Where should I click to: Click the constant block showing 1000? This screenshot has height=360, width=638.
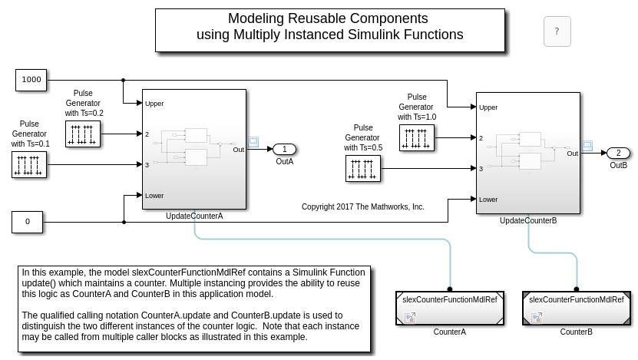coord(31,79)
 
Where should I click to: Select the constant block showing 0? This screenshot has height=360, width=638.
coord(28,222)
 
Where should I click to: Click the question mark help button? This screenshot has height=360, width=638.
coord(557,31)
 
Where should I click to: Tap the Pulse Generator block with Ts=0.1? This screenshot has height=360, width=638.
coord(29,164)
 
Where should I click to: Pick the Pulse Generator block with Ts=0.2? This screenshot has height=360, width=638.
coord(83,134)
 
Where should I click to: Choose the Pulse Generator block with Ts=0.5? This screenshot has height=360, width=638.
coord(363,168)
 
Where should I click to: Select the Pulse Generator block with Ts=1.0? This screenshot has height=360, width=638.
coord(417,137)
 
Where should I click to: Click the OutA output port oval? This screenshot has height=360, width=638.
coord(284,149)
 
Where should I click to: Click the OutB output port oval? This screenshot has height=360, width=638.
coord(618,153)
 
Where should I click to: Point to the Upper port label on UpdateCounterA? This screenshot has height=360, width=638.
coord(154,104)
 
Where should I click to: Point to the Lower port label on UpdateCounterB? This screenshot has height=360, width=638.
coord(488,200)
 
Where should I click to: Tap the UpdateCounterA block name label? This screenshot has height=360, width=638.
coord(194,216)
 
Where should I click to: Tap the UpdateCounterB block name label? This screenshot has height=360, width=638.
coord(528,221)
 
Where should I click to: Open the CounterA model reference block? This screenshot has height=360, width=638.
coord(449,308)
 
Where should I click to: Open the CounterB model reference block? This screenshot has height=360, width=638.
coord(576,308)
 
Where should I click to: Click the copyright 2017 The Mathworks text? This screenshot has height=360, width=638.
coord(362,207)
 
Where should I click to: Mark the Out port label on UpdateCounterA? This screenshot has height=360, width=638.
coord(239,150)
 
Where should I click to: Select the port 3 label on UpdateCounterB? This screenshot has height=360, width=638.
coord(481,169)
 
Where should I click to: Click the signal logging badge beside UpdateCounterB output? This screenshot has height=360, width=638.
coord(588,145)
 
